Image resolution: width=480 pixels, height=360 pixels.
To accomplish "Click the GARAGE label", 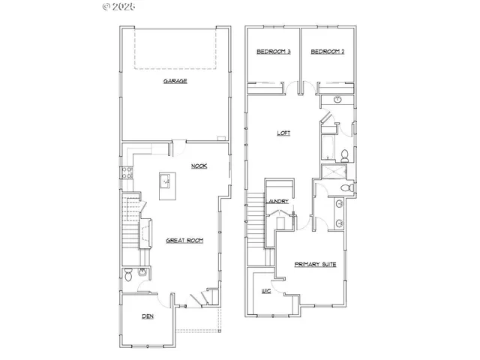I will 175,81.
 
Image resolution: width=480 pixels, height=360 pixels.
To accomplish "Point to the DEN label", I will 148,316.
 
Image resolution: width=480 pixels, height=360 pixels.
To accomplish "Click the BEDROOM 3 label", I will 274,52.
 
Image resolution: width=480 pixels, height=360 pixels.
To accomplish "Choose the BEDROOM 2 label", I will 327,52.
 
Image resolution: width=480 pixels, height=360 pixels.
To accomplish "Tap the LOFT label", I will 283,133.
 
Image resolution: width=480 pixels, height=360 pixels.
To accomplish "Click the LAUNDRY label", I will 279,201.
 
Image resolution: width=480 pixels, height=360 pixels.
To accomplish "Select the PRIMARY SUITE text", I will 314,265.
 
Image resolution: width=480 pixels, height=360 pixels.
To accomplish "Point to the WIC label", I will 265,289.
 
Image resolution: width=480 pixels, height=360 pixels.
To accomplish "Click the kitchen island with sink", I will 166,181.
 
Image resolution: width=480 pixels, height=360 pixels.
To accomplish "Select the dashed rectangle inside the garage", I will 176,49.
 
